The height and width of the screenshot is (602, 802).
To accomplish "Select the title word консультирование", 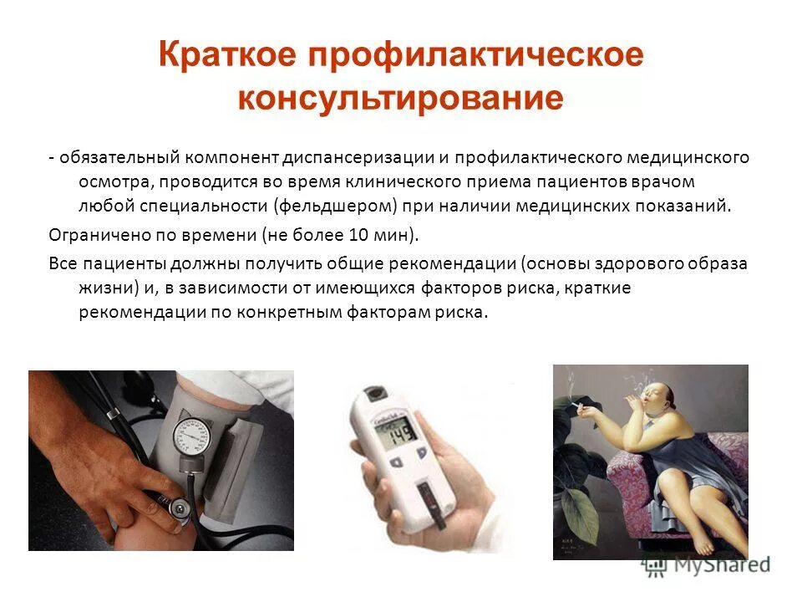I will [400, 98].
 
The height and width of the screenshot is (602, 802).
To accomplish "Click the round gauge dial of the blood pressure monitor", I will [190, 436].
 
